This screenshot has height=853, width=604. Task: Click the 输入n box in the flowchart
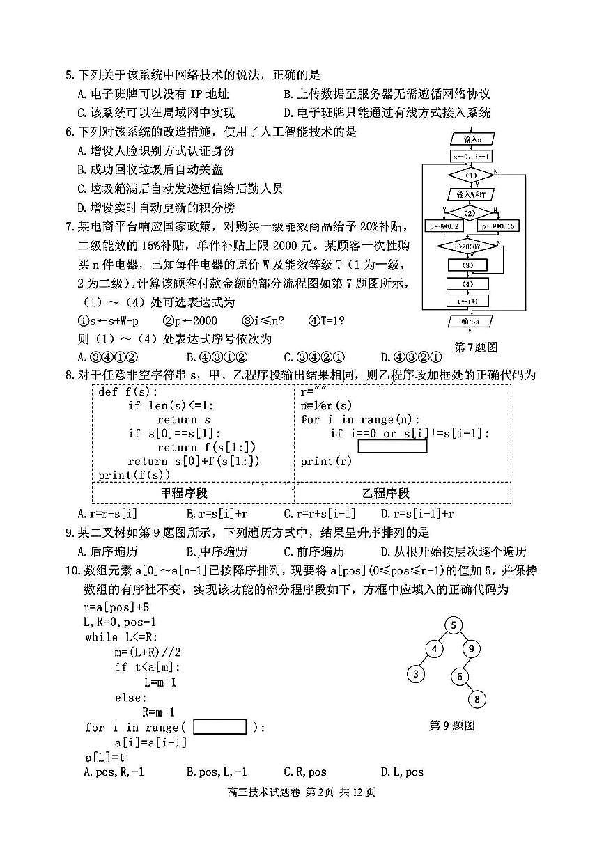pyautogui.click(x=472, y=139)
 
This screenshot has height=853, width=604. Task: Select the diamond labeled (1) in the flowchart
pyautogui.click(x=472, y=175)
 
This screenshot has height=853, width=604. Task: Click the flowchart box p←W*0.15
pyautogui.click(x=499, y=227)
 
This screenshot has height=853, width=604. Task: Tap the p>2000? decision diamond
pyautogui.click(x=472, y=246)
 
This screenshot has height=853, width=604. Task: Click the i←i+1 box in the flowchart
pyautogui.click(x=472, y=301)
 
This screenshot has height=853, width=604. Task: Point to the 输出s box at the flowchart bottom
pyautogui.click(x=472, y=322)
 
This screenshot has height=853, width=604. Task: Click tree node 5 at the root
pyautogui.click(x=453, y=625)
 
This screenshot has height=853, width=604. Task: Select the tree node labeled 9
pyautogui.click(x=472, y=650)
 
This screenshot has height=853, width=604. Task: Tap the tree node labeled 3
pyautogui.click(x=416, y=674)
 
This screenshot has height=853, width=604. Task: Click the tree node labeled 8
pyautogui.click(x=477, y=699)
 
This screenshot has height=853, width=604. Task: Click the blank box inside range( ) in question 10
pyautogui.click(x=219, y=727)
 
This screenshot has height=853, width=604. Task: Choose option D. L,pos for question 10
pyautogui.click(x=402, y=772)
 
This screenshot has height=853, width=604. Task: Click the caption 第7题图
pyautogui.click(x=475, y=347)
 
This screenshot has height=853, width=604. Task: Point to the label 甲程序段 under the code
pyautogui.click(x=184, y=492)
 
